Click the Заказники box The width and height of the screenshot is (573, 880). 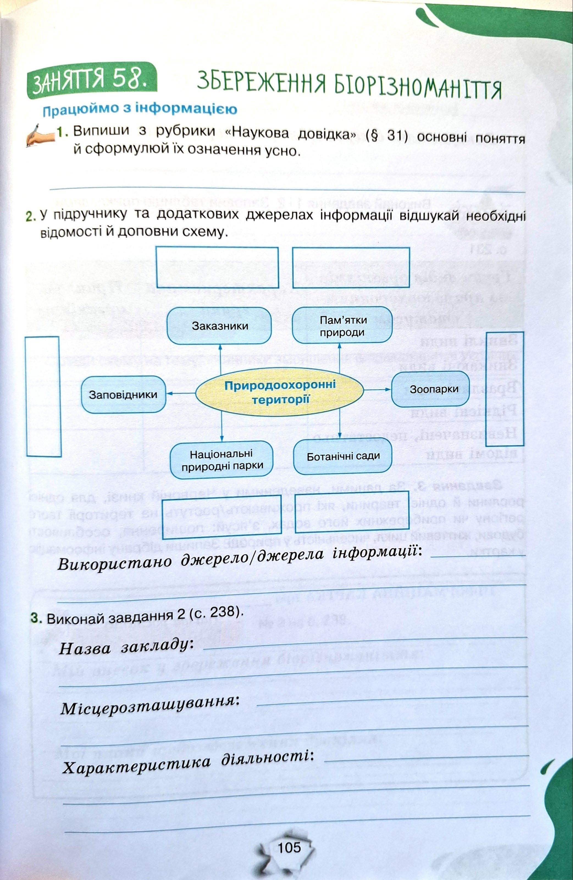tap(220, 326)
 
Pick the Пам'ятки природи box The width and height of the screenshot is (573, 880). tap(342, 326)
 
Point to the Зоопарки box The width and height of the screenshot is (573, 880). tap(430, 389)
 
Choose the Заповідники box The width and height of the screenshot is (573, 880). tap(123, 395)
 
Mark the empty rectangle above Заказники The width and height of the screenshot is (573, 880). tap(217, 267)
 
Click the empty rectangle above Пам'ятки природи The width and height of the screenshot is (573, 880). tap(351, 268)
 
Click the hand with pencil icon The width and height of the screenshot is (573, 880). tap(40, 135)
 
